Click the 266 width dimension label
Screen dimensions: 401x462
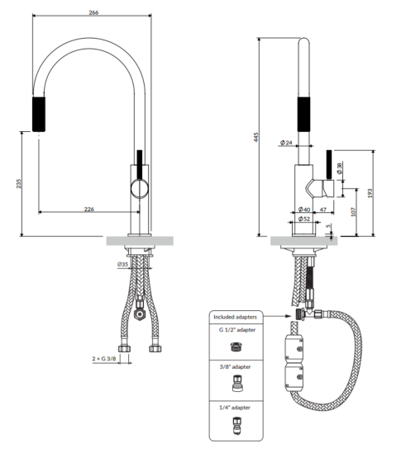tap(93, 12)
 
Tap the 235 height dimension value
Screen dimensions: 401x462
tap(19, 183)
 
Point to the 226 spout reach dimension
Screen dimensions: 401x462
tap(89, 210)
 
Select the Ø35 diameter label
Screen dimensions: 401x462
tap(123, 264)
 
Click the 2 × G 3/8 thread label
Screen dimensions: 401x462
tap(104, 359)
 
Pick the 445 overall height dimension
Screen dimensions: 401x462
tap(256, 137)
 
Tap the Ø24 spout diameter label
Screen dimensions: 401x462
tap(286, 143)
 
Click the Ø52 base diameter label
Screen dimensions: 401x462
tap(304, 219)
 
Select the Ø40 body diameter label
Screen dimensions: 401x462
tap(304, 210)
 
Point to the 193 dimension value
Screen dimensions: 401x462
tap(370, 193)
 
